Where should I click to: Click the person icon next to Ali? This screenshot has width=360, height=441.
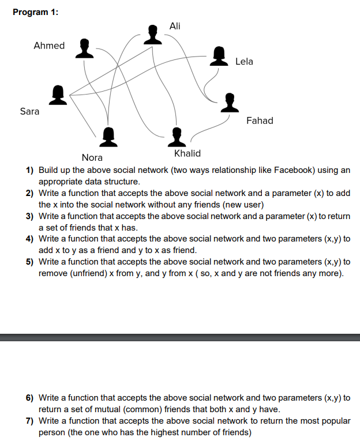[x=152, y=34]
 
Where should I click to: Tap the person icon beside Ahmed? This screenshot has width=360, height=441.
[x=85, y=48]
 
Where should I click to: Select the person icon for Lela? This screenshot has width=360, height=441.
[x=219, y=56]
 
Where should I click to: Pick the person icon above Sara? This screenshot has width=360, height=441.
[x=58, y=95]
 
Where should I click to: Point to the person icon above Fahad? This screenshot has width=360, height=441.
[x=230, y=103]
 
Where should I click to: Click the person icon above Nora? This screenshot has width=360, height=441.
[x=108, y=137]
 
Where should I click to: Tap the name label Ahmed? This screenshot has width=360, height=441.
[x=49, y=46]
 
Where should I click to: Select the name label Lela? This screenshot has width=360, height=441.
[x=244, y=61]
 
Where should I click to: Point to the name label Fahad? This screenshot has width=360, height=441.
[x=260, y=120]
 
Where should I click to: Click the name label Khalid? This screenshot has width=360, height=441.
[x=187, y=153]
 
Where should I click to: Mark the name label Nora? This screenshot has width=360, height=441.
[x=92, y=157]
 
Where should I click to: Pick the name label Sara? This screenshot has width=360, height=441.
[x=29, y=111]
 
